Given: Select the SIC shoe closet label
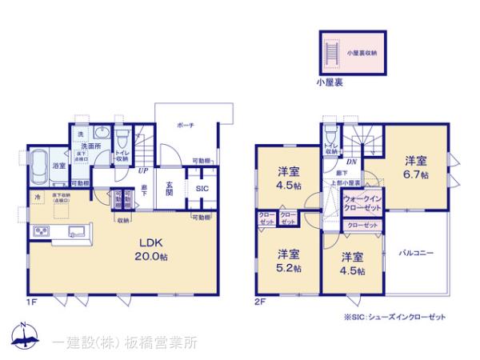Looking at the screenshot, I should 202,189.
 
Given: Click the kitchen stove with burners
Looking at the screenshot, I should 40,232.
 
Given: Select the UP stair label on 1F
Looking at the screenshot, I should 142,170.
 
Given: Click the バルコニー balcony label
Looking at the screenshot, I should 416,253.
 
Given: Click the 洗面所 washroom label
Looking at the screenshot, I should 89,146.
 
